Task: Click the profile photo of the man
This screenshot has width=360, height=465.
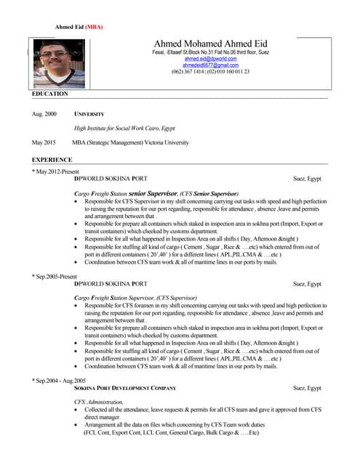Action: pos(55,63)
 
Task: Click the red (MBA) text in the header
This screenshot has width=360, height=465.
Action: pos(95,27)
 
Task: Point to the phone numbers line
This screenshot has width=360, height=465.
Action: pos(210,72)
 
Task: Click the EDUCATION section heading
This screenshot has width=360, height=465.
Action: pos(50,94)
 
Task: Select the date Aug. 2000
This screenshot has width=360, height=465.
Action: pos(44,115)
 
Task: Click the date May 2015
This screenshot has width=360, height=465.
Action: pos(44,142)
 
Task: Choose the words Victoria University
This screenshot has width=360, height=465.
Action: pos(166,142)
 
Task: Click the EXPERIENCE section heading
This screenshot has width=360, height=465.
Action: pos(52,159)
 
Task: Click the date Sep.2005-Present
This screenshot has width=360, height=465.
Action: pos(55,277)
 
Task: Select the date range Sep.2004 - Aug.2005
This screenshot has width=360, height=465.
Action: pos(59,381)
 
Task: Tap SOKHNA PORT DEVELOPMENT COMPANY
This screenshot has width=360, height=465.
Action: pos(125,389)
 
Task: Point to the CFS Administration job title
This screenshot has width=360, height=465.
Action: pos(99,402)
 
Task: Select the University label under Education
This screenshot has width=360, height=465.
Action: pos(89,115)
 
